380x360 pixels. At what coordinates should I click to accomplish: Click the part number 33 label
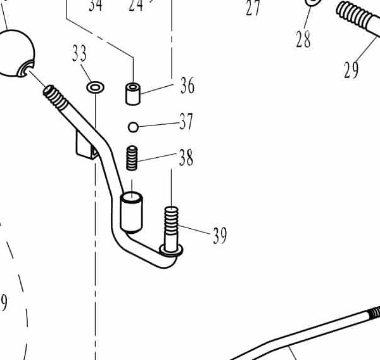[x=79, y=55]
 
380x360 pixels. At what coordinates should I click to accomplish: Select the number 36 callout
[x=187, y=86]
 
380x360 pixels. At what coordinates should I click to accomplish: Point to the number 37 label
[x=186, y=121]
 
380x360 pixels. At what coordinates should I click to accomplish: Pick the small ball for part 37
[x=133, y=127]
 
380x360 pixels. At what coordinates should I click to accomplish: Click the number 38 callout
[x=186, y=158]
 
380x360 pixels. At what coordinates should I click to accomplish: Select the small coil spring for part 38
[x=132, y=158]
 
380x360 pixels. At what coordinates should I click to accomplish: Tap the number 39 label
[x=219, y=236]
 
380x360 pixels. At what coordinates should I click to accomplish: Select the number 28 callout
[x=303, y=39]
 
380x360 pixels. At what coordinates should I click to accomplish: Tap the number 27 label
[x=253, y=8]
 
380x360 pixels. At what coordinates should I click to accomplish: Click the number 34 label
[x=96, y=6]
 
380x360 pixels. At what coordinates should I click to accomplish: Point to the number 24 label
[x=136, y=6]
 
